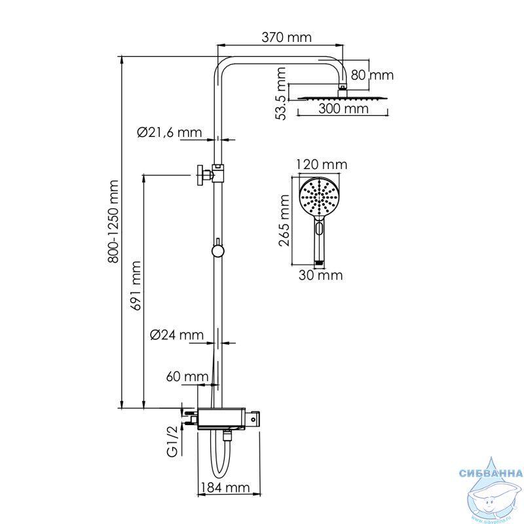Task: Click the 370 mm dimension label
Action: coord(286,37)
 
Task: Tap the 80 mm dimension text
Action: coord(372,75)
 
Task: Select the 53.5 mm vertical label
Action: coord(281,94)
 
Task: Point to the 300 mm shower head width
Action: coord(343,109)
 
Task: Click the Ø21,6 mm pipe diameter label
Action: coord(170,133)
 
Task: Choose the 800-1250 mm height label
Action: coord(113,222)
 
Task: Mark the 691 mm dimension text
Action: coord(136,286)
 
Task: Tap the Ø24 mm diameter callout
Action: coord(177,335)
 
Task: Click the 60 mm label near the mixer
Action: coord(187,377)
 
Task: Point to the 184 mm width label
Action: coord(225,487)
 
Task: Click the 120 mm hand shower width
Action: coord(322,164)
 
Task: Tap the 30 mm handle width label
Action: coord(320,275)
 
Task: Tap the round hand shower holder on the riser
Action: coord(217,251)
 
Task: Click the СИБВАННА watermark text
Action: coord(491,473)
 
